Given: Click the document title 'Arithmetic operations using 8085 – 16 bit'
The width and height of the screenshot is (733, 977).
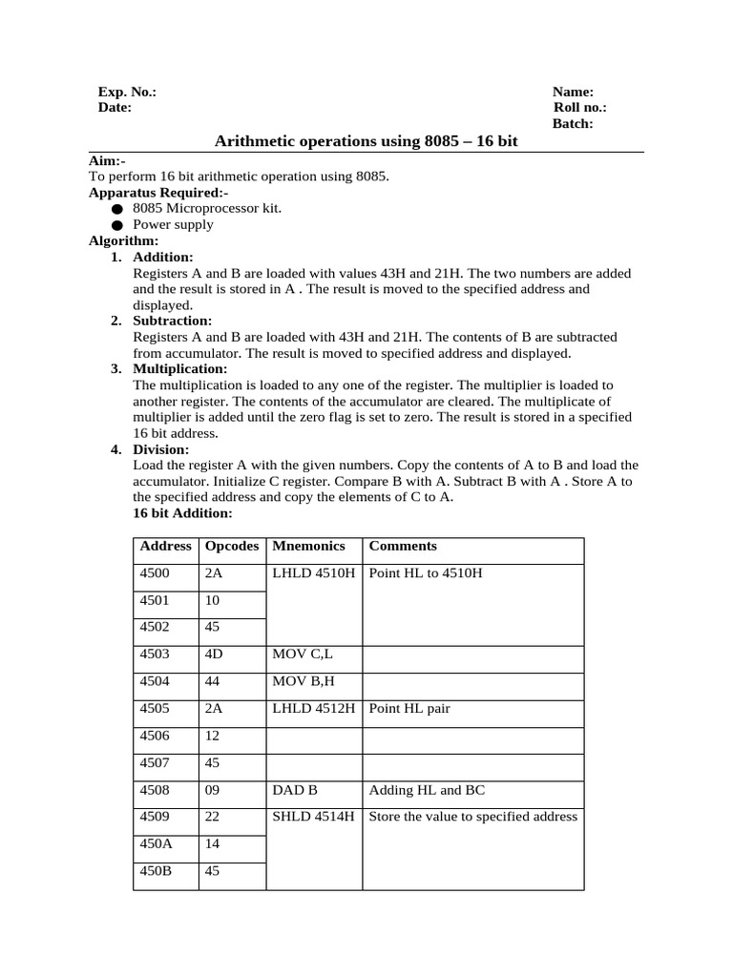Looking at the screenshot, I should click(366, 141).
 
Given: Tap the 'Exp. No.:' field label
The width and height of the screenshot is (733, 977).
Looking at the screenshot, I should click(127, 92).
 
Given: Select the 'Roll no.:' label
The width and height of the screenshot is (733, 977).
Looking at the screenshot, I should click(579, 108).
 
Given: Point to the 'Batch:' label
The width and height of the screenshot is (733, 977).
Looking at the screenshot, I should click(573, 124).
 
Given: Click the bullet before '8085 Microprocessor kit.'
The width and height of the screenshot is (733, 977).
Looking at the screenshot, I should click(116, 208).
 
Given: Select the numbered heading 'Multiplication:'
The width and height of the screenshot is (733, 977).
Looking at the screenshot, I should click(179, 368).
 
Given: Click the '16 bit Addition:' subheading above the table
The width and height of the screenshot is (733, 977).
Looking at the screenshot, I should click(182, 513).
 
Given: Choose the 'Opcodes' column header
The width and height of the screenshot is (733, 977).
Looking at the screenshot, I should click(232, 547).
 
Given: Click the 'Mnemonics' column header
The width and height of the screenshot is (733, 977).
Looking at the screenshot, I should click(304, 547).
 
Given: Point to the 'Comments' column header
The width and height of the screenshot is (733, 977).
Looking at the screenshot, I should click(403, 547).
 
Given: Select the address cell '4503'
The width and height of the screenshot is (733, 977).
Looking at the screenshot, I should click(156, 655).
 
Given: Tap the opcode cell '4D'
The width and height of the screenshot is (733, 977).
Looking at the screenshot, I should click(213, 655).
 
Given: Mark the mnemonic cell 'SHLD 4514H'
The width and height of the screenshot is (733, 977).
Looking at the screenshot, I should click(313, 817).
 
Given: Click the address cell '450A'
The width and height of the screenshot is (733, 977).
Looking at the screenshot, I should click(156, 843).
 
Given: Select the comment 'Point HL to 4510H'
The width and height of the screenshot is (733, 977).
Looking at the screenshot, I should click(426, 573).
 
